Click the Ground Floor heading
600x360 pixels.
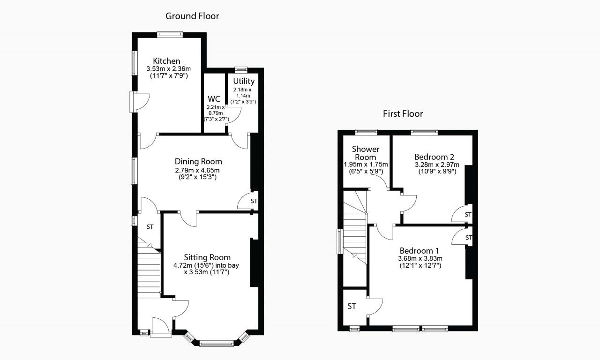(192, 16)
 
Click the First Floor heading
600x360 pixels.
(403, 113)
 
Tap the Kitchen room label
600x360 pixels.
(166, 61)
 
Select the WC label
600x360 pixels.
(214, 99)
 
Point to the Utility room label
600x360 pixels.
(244, 81)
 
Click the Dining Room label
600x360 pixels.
(198, 162)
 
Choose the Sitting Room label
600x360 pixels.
(207, 257)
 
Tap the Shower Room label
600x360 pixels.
(366, 153)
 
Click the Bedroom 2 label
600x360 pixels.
(434, 157)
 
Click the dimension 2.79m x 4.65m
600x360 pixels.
(197, 170)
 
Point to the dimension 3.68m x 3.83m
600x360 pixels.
(420, 258)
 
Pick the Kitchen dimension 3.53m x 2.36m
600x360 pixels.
(167, 69)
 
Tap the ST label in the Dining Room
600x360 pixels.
(254, 201)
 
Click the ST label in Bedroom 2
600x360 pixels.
(468, 215)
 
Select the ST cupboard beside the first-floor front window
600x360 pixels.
(352, 306)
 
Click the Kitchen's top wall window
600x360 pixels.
(170, 34)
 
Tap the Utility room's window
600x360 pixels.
(241, 70)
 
